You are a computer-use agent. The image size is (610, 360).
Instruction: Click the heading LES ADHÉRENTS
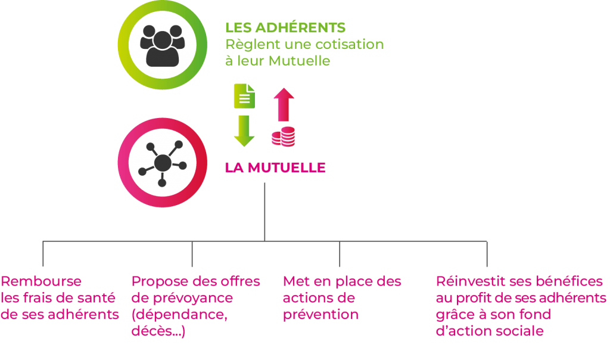285,27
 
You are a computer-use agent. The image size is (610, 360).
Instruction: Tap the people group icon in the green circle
162,45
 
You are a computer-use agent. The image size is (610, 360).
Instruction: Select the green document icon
244,96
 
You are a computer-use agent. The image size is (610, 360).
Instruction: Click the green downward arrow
244,131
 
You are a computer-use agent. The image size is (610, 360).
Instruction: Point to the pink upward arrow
284,104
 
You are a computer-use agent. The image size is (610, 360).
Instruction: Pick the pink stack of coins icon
283,136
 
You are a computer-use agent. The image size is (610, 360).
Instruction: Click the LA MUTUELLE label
275,167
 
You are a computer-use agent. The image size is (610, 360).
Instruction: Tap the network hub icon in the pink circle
162,163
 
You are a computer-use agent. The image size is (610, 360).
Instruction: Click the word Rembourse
41,281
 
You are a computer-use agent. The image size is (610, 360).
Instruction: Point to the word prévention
320,315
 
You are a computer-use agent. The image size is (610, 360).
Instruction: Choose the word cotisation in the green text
349,44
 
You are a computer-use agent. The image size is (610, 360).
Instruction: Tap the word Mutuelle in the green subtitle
299,61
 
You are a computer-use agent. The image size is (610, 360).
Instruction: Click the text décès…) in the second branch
158,331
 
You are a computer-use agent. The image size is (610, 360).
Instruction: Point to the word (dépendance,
179,315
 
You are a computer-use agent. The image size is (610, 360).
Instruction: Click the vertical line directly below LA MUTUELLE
264,212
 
